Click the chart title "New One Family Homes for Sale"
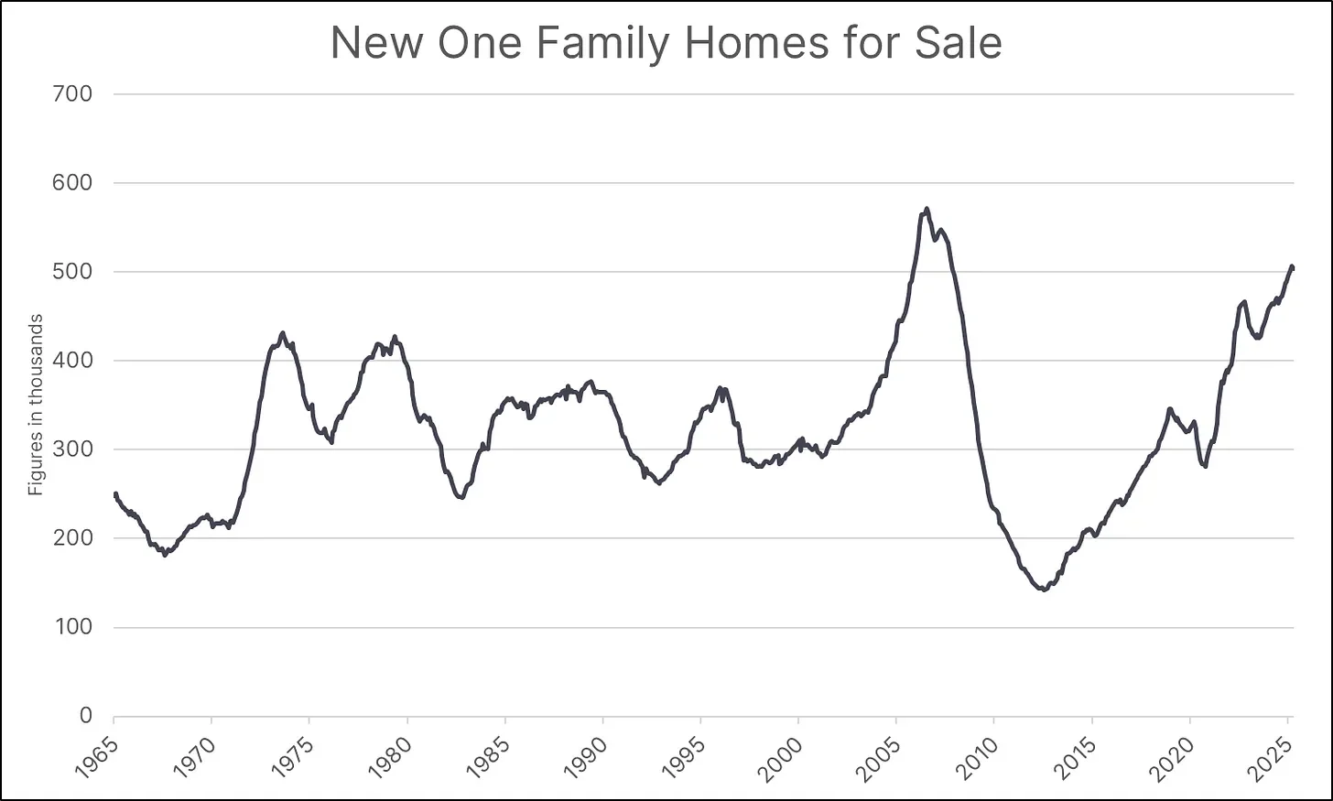(x=666, y=43)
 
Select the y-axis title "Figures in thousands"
(x=36, y=405)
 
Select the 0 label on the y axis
(x=85, y=716)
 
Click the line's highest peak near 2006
(x=927, y=209)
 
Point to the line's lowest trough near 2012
(x=1044, y=590)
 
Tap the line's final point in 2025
(x=1292, y=267)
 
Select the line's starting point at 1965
(x=114, y=494)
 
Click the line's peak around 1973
(x=282, y=333)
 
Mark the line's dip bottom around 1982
(x=461, y=497)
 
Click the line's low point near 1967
(x=165, y=555)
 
